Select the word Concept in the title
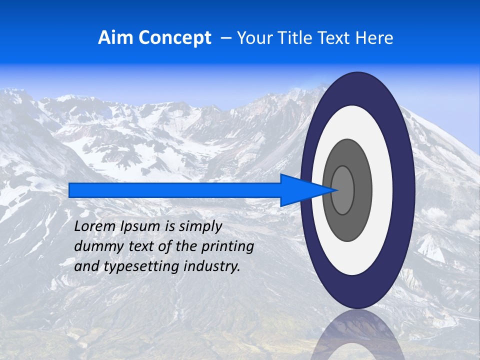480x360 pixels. (175, 38)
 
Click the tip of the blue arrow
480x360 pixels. (337, 190)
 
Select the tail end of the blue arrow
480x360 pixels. (70, 190)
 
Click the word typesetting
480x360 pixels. (142, 267)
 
